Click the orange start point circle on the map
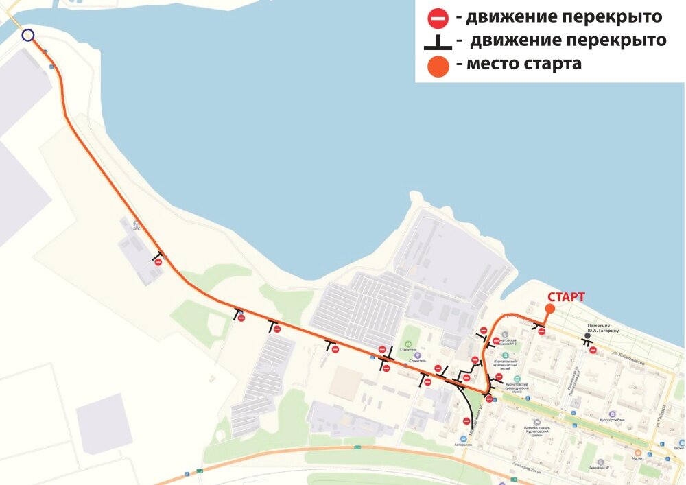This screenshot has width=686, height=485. (x=549, y=309)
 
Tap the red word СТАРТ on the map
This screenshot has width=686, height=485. (x=566, y=297)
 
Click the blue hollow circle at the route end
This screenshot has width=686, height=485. (x=27, y=35)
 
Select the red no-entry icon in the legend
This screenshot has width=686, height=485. (x=438, y=18)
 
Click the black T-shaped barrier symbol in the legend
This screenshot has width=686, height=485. (x=438, y=43)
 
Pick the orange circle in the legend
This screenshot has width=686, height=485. (x=438, y=67)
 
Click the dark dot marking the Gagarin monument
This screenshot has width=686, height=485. (x=587, y=335)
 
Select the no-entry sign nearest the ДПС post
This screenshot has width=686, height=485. (x=158, y=262)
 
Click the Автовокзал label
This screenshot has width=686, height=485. (x=463, y=445)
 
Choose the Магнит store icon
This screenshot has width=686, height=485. (x=637, y=453)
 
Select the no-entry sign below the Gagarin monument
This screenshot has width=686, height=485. (x=593, y=351)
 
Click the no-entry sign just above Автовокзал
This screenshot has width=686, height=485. (x=466, y=421)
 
